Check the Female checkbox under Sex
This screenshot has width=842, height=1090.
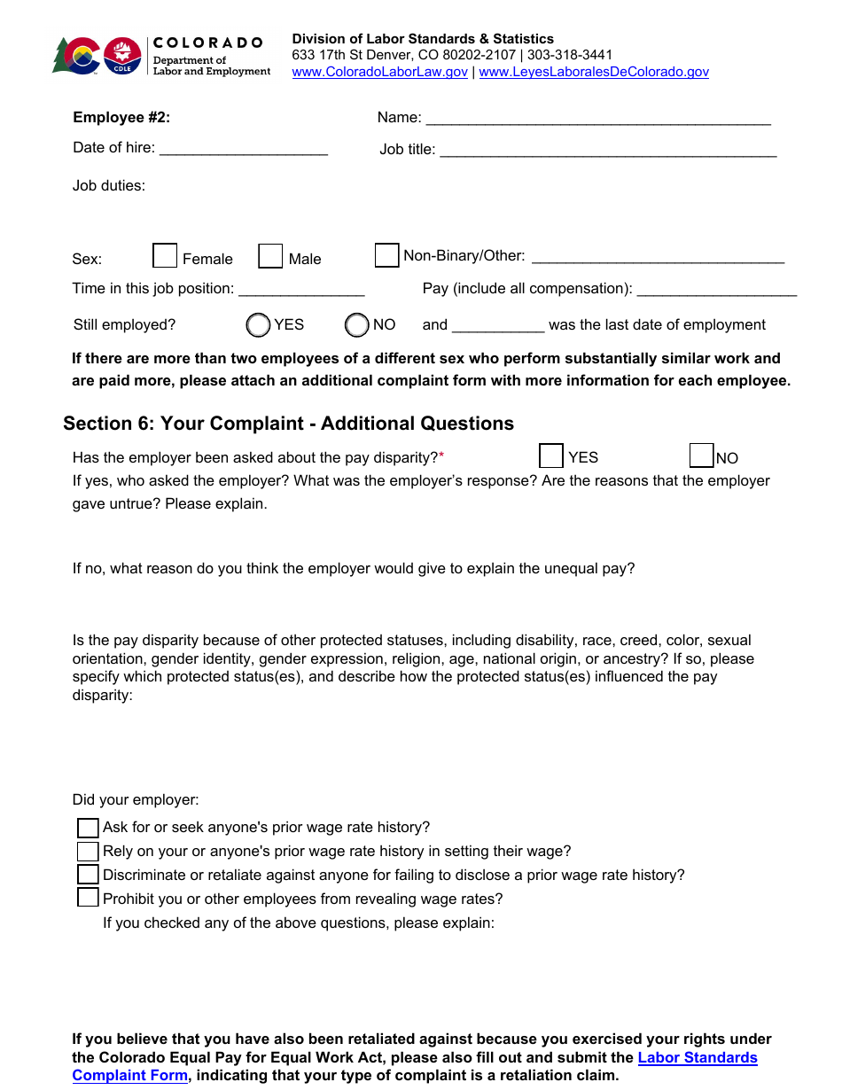tap(165, 256)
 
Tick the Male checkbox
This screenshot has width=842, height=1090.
tap(270, 256)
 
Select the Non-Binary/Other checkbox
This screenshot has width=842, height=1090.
tap(386, 255)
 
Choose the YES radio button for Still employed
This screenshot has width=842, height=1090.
tap(258, 325)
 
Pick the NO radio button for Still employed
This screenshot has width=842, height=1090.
tap(356, 325)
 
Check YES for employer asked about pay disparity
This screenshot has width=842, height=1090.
tap(550, 456)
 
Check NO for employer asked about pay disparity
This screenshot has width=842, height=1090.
tap(701, 456)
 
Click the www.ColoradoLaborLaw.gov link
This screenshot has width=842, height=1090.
tap(379, 72)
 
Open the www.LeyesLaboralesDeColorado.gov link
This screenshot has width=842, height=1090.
tap(593, 72)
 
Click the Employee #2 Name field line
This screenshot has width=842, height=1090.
tap(598, 118)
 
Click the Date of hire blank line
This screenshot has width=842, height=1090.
tap(243, 148)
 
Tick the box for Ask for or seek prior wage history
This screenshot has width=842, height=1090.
tap(88, 828)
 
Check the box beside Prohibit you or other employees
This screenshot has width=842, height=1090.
tap(88, 898)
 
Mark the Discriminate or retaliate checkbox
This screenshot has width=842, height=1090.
tap(88, 875)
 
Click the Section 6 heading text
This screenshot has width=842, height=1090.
tap(288, 424)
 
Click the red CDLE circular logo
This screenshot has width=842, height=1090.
tap(122, 55)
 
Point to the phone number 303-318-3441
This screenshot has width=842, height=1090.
tap(570, 55)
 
